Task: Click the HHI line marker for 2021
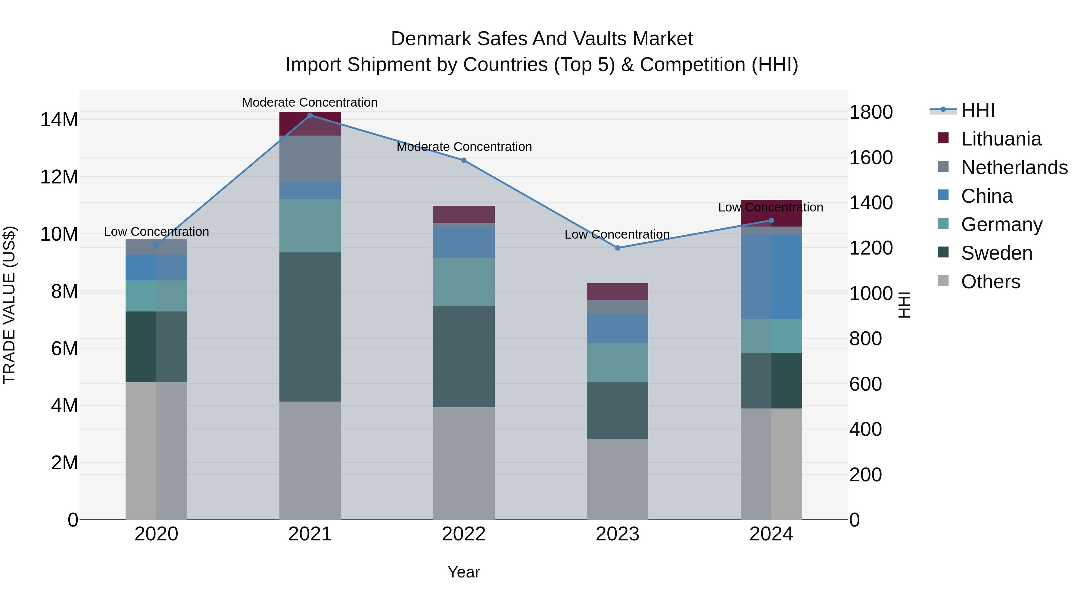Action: coord(310,115)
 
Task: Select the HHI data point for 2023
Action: coord(617,248)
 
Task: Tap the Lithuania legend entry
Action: coord(1001,139)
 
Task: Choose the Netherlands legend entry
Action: coord(1014,167)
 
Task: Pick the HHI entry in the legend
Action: coord(977,110)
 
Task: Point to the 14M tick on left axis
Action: coord(59,120)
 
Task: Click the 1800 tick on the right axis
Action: coord(871,112)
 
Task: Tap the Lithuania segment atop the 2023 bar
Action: coord(617,292)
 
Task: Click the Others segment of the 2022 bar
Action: coord(464,463)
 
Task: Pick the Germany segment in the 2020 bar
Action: coord(156,296)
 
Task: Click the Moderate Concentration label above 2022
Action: coord(464,147)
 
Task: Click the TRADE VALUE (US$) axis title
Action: coord(9,305)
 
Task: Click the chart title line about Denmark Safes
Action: coord(542,39)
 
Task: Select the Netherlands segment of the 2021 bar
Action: coord(310,159)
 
